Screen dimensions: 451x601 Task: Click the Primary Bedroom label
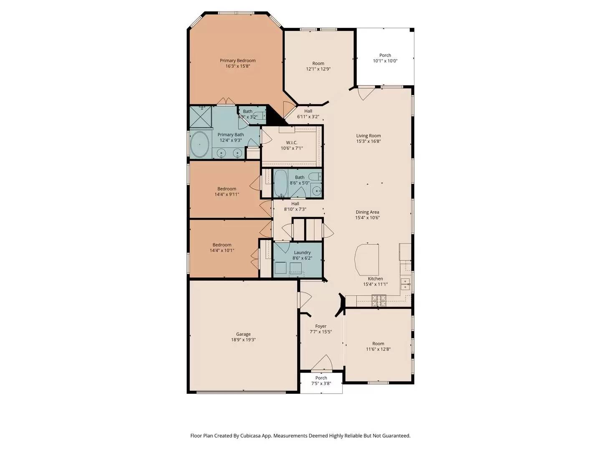pyautogui.click(x=237, y=61)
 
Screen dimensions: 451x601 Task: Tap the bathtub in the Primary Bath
pyautogui.click(x=200, y=144)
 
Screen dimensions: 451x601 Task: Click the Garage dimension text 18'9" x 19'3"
pyautogui.click(x=243, y=340)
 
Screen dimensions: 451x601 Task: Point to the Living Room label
pyautogui.click(x=368, y=136)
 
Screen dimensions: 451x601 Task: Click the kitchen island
pyautogui.click(x=367, y=259)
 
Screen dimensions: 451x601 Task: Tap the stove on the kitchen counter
pyautogui.click(x=379, y=299)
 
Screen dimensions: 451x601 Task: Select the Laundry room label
pyautogui.click(x=302, y=253)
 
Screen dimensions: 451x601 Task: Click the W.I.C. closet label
pyautogui.click(x=292, y=143)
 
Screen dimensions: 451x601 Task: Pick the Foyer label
pyautogui.click(x=321, y=327)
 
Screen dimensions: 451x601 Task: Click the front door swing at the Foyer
pyautogui.click(x=322, y=363)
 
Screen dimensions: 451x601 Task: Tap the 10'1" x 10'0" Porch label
pyautogui.click(x=385, y=55)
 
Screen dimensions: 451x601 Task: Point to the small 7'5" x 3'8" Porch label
pyautogui.click(x=321, y=378)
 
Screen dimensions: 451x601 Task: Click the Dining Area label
pyautogui.click(x=367, y=212)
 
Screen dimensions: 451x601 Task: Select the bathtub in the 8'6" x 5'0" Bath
pyautogui.click(x=280, y=182)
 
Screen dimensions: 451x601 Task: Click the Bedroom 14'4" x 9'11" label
pyautogui.click(x=227, y=189)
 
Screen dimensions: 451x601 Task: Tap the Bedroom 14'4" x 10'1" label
pyautogui.click(x=222, y=245)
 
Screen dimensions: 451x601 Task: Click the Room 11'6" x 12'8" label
pyautogui.click(x=378, y=344)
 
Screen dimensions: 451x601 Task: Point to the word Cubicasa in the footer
pyautogui.click(x=251, y=436)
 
